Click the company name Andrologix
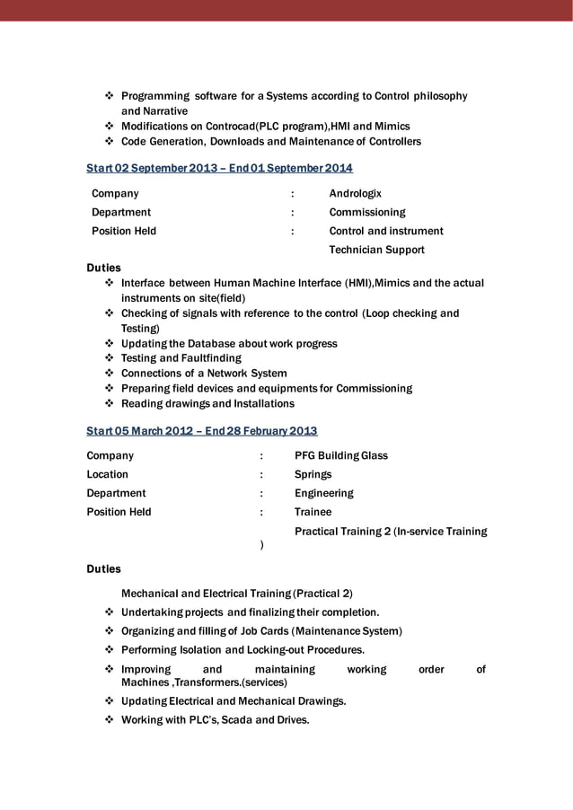[355, 193]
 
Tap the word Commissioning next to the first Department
[367, 212]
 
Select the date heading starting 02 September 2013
[219, 169]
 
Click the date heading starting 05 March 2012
[201, 431]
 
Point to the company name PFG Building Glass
[341, 455]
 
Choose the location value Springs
[313, 474]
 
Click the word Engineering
[324, 493]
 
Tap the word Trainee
[313, 512]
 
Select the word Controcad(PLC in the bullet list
[222, 127]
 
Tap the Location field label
[107, 474]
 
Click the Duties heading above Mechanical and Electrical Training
[103, 568]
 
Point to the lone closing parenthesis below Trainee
[261, 544]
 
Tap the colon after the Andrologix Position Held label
[293, 231]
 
